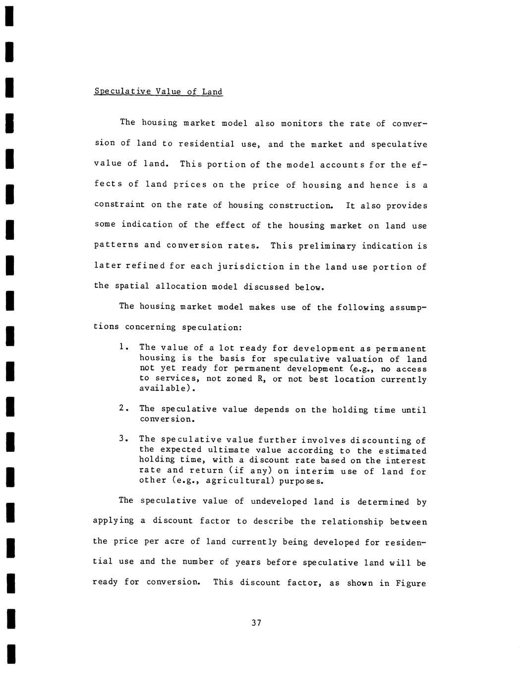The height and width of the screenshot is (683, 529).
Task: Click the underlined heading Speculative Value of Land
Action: [158, 92]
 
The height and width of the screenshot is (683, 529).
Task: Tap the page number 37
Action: [256, 623]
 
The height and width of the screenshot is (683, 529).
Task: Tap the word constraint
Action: [119, 205]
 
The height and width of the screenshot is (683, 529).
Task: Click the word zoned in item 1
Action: [239, 379]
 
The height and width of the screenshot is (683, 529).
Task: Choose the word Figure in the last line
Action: [411, 583]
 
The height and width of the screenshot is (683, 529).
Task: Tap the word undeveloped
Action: [279, 501]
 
